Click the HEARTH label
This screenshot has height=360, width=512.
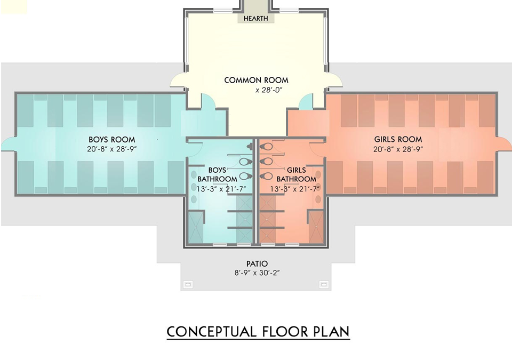pyautogui.click(x=255, y=19)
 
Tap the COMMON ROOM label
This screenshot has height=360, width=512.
pyautogui.click(x=257, y=80)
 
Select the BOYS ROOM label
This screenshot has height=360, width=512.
pyautogui.click(x=111, y=140)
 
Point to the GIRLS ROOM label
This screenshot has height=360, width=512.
pyautogui.click(x=398, y=140)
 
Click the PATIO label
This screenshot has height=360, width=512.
pyautogui.click(x=257, y=263)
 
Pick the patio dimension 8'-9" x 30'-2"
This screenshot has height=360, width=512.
pyautogui.click(x=257, y=273)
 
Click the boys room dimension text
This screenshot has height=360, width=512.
pyautogui.click(x=111, y=149)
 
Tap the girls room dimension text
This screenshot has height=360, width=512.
pyautogui.click(x=398, y=149)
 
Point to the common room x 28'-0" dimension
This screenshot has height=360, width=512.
pyautogui.click(x=268, y=90)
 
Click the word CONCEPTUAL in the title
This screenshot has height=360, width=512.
pyautogui.click(x=212, y=332)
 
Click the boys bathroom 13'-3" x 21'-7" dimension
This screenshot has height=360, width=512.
pyautogui.click(x=221, y=189)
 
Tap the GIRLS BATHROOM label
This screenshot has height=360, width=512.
pyautogui.click(x=296, y=175)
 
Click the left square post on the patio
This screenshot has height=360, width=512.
pyautogui.click(x=187, y=284)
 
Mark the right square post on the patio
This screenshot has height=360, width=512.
pyautogui.click(x=324, y=284)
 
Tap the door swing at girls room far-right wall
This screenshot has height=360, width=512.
pyautogui.click(x=504, y=144)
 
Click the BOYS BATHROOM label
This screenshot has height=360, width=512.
pyautogui.click(x=217, y=175)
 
